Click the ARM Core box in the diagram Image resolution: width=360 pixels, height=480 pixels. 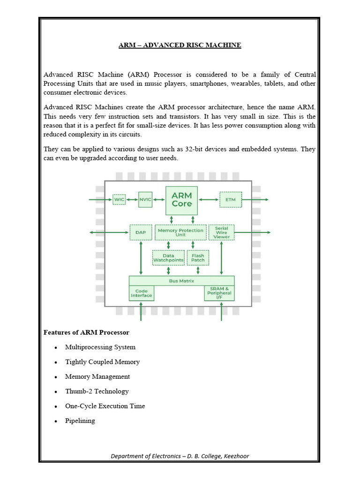(182, 200)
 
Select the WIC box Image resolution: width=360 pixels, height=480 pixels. (120, 200)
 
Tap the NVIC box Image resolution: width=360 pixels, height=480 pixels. (145, 200)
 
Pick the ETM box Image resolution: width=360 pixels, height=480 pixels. (231, 200)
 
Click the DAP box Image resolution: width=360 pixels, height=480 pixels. (141, 232)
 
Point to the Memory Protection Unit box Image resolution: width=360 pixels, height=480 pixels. (181, 232)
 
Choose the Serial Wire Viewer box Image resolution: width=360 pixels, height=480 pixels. (222, 232)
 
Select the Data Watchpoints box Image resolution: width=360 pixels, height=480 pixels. (169, 258)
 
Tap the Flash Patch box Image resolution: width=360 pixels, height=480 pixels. (198, 258)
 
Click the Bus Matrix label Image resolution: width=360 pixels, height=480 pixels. (181, 281)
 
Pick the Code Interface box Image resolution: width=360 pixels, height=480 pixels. (141, 293)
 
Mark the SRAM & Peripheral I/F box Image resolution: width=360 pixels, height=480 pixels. (219, 293)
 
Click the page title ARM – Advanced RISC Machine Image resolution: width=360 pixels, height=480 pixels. (180, 45)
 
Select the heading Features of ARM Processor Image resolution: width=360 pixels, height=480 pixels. (86, 332)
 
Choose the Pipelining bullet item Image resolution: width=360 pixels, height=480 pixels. (80, 420)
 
